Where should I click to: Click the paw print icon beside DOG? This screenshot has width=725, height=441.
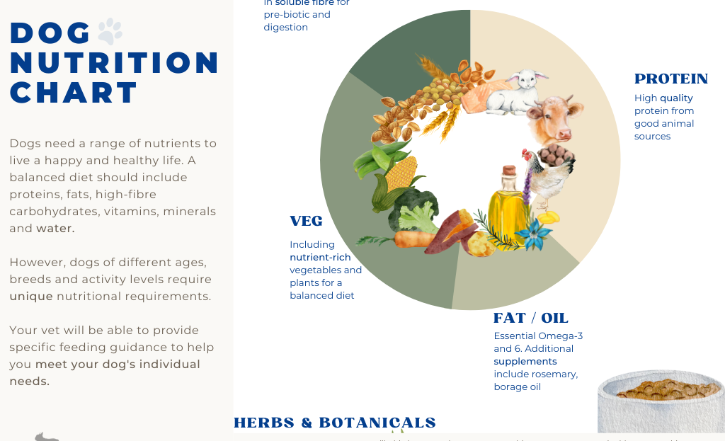pyautogui.click(x=110, y=31)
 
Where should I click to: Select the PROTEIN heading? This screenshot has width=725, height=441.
pyautogui.click(x=670, y=79)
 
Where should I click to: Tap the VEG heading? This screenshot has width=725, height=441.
pyautogui.click(x=306, y=222)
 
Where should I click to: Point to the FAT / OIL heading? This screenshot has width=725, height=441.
pyautogui.click(x=530, y=318)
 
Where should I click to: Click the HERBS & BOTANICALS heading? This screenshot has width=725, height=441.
pyautogui.click(x=335, y=423)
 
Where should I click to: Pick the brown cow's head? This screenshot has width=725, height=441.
pyautogui.click(x=556, y=119)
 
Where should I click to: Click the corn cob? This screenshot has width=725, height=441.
pyautogui.click(x=400, y=173)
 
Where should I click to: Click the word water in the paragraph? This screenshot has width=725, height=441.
pyautogui.click(x=55, y=229)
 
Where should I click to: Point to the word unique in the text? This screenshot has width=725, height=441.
pyautogui.click(x=31, y=297)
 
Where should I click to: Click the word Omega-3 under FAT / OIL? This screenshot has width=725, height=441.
pyautogui.click(x=563, y=336)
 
